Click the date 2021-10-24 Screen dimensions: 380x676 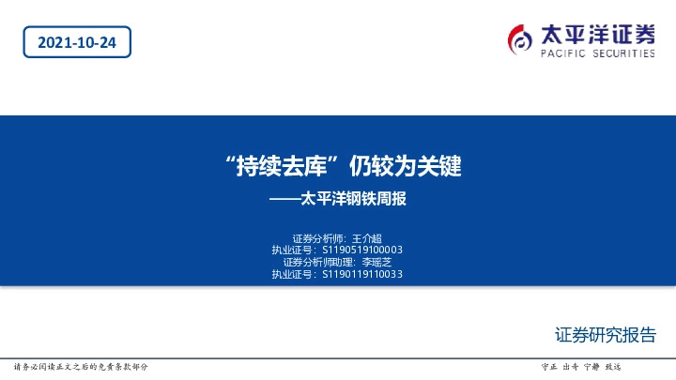tap(77, 41)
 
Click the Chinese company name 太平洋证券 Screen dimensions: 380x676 tap(597, 34)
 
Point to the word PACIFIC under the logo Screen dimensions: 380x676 tap(562, 54)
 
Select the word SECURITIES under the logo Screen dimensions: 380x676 tap(622, 54)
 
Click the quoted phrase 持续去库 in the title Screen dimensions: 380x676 tap(282, 167)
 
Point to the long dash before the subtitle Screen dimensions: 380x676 tap(284, 198)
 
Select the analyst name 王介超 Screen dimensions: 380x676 tap(367, 237)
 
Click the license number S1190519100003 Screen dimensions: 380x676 tap(362, 250)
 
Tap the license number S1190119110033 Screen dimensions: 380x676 tap(362, 274)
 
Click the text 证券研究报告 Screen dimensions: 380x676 tap(606, 335)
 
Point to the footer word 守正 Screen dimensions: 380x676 tap(550, 366)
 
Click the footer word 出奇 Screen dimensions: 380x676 tap(570, 366)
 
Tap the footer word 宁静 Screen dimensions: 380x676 tap(591, 366)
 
